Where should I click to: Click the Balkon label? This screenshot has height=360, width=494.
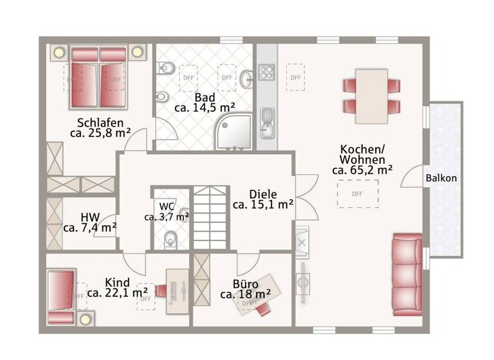point(441,178)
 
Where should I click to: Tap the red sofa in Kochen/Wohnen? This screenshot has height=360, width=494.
point(407,271)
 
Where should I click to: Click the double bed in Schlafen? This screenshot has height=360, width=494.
point(97,76)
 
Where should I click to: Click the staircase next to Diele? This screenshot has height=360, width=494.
point(211,219)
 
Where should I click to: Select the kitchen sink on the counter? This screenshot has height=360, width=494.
point(267,121)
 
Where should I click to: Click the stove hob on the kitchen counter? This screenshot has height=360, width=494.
point(266,73)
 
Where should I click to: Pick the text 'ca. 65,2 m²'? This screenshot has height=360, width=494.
point(363,170)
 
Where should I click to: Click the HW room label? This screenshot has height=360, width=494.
point(90,217)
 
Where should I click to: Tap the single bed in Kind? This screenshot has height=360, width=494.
point(62,296)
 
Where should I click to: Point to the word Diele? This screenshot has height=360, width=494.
point(263,194)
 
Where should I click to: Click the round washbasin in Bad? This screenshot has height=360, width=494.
point(247,79)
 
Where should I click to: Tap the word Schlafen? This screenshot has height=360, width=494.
point(100,122)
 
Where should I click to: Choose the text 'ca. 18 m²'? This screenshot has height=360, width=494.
point(245,294)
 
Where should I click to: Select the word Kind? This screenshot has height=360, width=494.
point(117,282)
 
